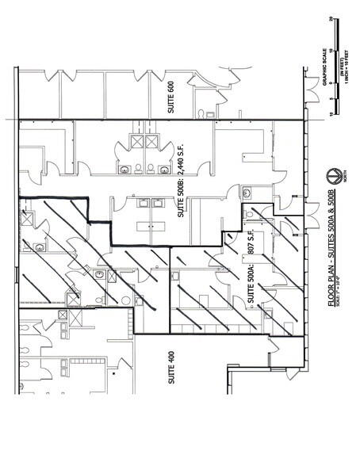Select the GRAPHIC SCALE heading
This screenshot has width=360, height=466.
point(326,75)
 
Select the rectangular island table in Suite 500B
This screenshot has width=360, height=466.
point(147,226)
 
